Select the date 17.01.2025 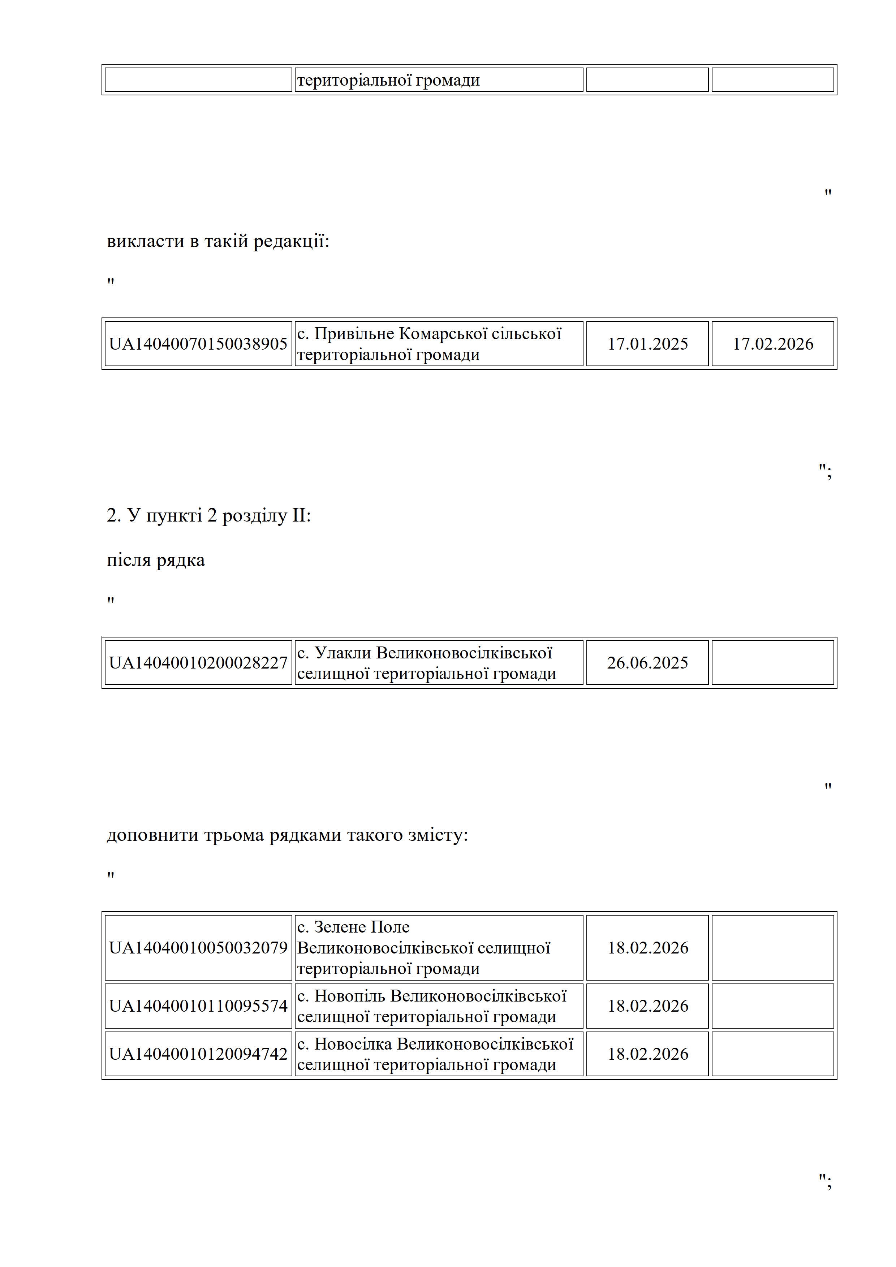pos(647,344)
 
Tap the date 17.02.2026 pos(772,344)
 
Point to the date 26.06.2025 pos(647,663)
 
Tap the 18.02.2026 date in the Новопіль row pos(647,1006)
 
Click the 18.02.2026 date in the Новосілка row pos(647,1054)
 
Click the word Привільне pos(354,334)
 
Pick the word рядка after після pos(181,560)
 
